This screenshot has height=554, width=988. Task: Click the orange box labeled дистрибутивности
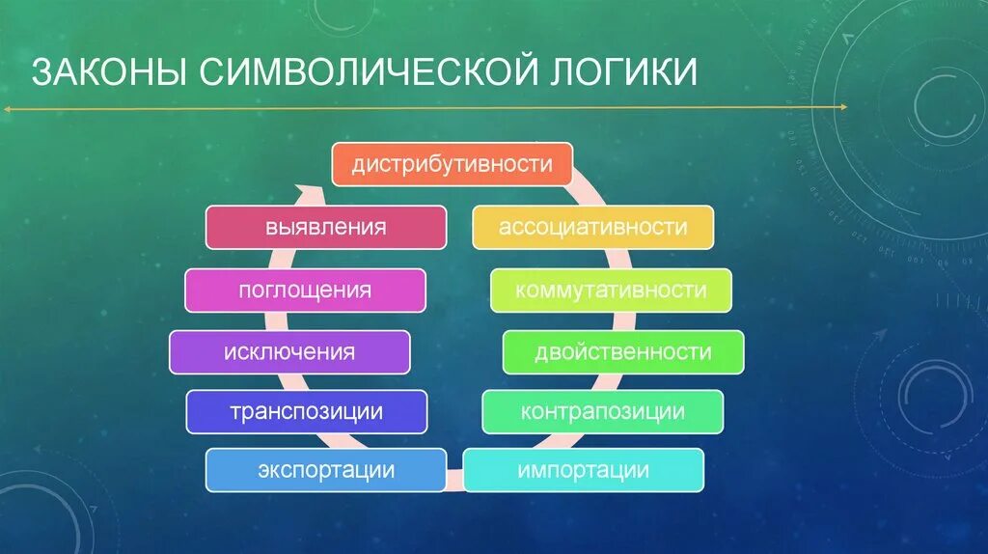[x=452, y=164]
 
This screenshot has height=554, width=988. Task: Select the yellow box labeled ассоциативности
[x=592, y=228]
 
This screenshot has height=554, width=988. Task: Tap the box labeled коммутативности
[x=611, y=291]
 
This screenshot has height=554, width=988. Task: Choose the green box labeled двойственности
[x=622, y=352]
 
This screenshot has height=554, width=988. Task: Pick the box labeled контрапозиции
[x=602, y=412]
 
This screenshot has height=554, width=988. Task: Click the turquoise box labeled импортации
[x=583, y=471]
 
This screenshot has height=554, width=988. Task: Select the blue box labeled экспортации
[x=325, y=471]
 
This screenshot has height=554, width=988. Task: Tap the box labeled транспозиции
[x=306, y=412]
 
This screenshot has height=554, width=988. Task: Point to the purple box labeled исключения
[x=288, y=352]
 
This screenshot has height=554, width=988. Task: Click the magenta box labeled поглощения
[x=305, y=291]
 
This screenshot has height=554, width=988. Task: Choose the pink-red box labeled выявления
[x=325, y=228]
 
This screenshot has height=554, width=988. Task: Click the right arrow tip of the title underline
[x=844, y=107]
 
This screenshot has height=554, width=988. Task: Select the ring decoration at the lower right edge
[x=934, y=396]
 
